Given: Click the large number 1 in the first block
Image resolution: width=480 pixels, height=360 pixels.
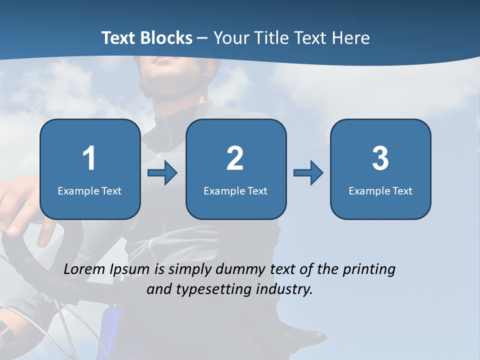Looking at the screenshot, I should click(89, 158).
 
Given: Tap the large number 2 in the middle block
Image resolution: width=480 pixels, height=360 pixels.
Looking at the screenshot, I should click(235, 158).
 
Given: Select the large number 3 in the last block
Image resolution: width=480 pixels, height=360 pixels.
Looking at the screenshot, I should click(380, 158).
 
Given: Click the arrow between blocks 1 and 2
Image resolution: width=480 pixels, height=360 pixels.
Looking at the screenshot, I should click(162, 173).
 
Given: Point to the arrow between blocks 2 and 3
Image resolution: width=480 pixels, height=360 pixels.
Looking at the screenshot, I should click(308, 173).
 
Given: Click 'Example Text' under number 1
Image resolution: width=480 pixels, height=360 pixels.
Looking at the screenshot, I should click(89, 190).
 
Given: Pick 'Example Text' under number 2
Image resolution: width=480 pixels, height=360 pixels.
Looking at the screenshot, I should click(235, 190).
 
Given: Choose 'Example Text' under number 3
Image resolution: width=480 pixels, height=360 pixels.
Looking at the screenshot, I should click(380, 190).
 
